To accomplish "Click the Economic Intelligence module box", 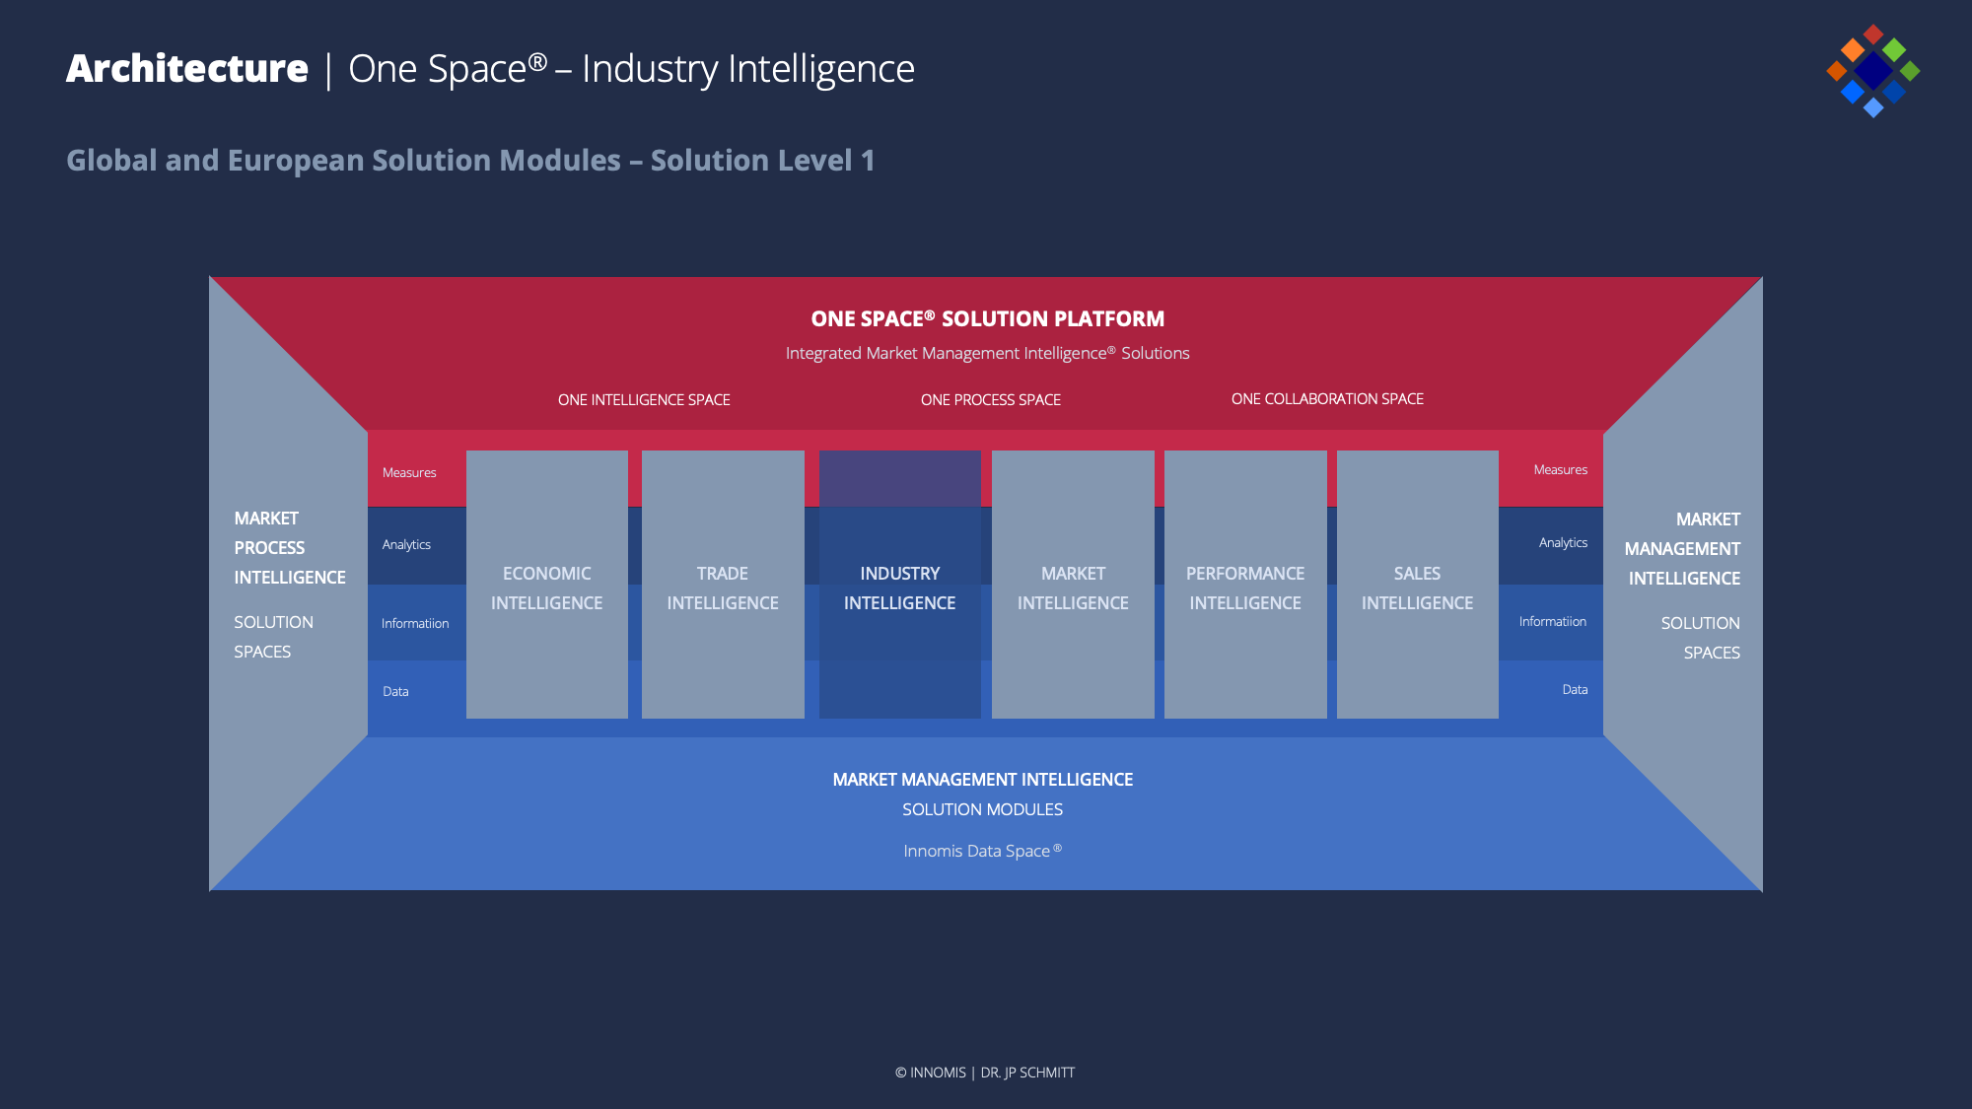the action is (x=547, y=585).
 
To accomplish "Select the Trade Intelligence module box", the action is (x=723, y=585).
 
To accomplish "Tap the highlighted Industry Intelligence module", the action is (x=900, y=585).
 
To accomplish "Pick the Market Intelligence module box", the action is (x=1073, y=585).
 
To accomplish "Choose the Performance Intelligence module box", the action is (x=1245, y=585).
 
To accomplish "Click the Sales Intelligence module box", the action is (x=1418, y=585).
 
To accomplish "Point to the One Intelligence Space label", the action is (x=644, y=399).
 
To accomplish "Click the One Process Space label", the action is (x=991, y=399).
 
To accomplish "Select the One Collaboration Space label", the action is (x=1327, y=398).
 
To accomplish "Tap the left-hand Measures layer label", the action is (x=409, y=472).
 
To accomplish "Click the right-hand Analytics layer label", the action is (x=1563, y=543).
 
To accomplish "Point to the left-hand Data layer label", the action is (x=395, y=691).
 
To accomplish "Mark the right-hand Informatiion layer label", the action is (x=1553, y=621).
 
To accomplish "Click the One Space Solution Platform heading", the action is (x=988, y=318).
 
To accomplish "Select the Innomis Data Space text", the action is (x=982, y=851).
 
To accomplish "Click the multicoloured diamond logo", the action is (x=1873, y=71).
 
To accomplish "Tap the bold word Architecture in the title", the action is (x=187, y=68).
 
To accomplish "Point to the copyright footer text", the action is (x=985, y=1073).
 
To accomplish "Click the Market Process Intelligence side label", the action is (x=290, y=547).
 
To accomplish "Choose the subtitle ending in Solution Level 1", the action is (x=470, y=160).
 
